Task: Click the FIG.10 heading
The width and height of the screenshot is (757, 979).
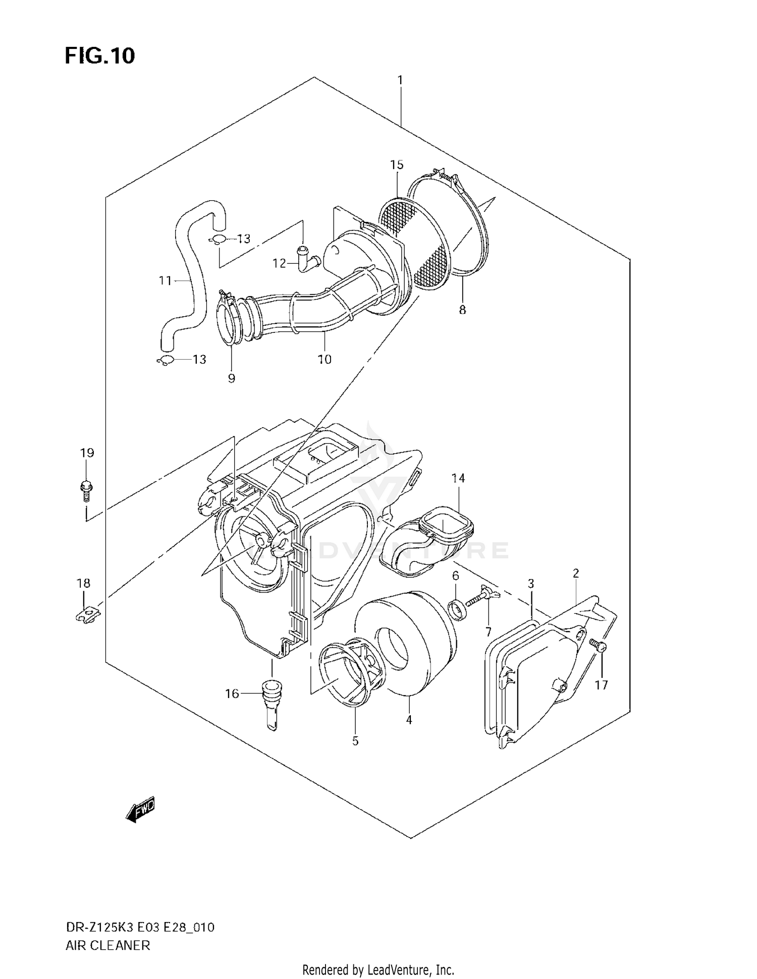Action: pyautogui.click(x=100, y=55)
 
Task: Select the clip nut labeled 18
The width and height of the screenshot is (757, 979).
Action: pyautogui.click(x=90, y=615)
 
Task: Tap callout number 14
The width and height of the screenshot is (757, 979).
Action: pyautogui.click(x=458, y=478)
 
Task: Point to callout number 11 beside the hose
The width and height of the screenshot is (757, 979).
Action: pyautogui.click(x=165, y=280)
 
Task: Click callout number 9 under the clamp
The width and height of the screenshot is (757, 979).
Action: pyautogui.click(x=231, y=378)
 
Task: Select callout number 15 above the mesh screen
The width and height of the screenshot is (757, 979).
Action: pyautogui.click(x=397, y=165)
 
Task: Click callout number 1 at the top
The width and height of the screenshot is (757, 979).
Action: pyautogui.click(x=400, y=80)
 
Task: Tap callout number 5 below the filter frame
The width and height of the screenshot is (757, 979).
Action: pyautogui.click(x=355, y=741)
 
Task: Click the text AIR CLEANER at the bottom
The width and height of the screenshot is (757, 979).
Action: pyautogui.click(x=108, y=945)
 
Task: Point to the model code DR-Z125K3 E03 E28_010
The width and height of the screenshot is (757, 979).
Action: pyautogui.click(x=140, y=927)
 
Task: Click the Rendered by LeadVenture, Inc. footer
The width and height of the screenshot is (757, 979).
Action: pyautogui.click(x=378, y=969)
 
